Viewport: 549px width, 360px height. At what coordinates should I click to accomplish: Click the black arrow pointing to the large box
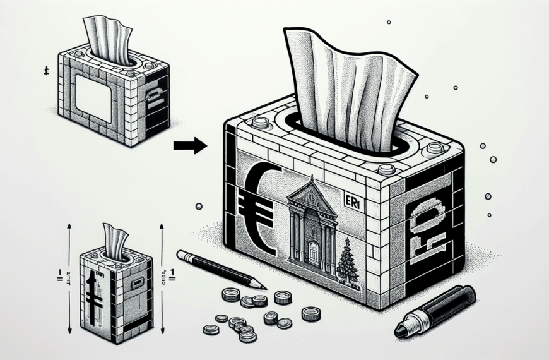coord(189,146)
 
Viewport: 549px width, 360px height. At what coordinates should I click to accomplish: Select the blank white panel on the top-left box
coord(93,99)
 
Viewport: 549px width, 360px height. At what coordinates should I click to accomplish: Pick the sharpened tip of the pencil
coord(260,286)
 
